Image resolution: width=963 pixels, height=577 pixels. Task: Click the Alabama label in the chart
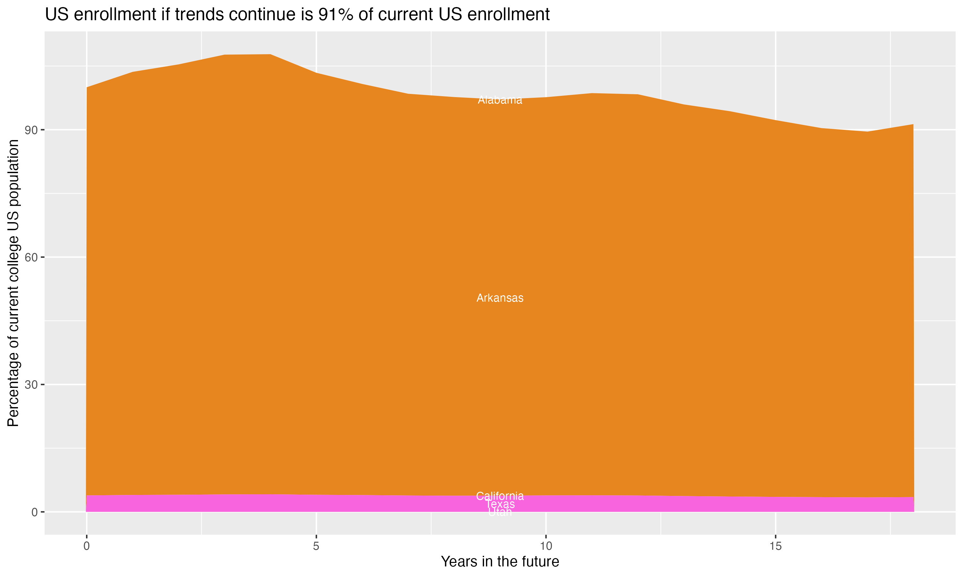[500, 100]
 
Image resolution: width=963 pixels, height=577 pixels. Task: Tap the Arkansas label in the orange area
[500, 298]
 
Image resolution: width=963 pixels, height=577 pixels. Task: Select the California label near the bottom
[500, 496]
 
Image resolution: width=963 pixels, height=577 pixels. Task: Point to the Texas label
[500, 504]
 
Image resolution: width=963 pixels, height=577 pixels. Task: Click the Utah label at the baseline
[500, 513]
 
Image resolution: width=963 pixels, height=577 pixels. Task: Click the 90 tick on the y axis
[31, 130]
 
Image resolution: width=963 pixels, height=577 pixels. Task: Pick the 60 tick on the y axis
[31, 257]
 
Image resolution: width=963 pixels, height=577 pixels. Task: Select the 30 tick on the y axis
[31, 385]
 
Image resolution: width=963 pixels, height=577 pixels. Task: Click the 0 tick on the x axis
[86, 546]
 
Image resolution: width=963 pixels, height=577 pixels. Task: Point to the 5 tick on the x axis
[316, 546]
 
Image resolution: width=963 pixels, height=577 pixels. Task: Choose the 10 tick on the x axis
[546, 546]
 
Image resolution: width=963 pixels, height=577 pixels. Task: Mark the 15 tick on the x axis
[776, 546]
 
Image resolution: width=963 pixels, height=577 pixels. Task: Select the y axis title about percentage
[13, 283]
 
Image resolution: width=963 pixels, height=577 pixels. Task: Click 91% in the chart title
[335, 15]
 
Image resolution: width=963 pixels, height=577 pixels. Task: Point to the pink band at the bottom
[273, 504]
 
